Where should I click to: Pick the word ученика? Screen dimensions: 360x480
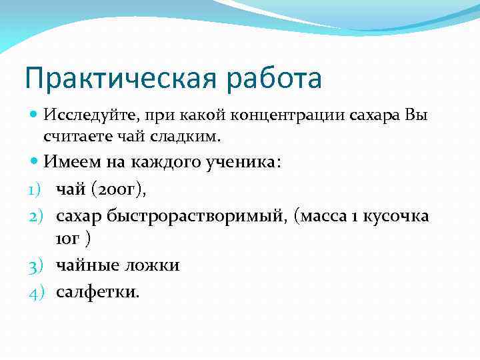click(246, 163)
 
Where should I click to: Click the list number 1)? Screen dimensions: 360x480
click(36, 190)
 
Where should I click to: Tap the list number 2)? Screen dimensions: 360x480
click(36, 217)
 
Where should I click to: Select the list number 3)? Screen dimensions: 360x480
click(36, 265)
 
